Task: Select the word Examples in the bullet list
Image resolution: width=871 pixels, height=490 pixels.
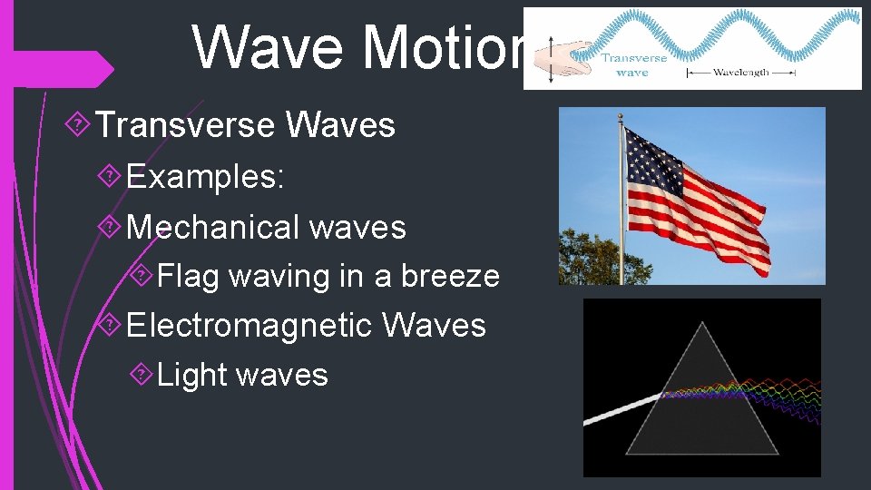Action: pyautogui.click(x=205, y=176)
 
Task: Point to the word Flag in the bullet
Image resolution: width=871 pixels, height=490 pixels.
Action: pyautogui.click(x=188, y=276)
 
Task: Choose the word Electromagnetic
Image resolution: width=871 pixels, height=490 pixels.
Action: pyautogui.click(x=250, y=325)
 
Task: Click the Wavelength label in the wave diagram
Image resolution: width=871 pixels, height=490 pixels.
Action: pyautogui.click(x=741, y=71)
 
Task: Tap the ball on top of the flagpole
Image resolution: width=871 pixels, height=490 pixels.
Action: pyautogui.click(x=621, y=117)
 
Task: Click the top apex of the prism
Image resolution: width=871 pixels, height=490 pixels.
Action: pyautogui.click(x=701, y=325)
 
